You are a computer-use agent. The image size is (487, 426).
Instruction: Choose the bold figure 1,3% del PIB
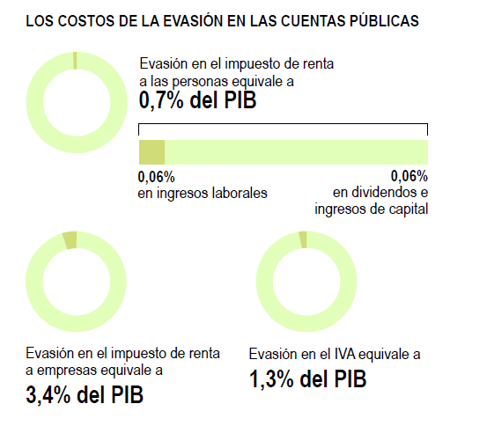307,379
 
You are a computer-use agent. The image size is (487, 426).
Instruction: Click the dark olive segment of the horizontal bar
151,151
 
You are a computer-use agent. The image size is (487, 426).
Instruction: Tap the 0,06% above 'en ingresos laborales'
156,176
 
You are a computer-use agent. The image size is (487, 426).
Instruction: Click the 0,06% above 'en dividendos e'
409,176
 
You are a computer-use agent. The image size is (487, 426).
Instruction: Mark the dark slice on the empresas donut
70,240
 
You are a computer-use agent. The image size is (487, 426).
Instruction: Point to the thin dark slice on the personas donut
75,60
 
